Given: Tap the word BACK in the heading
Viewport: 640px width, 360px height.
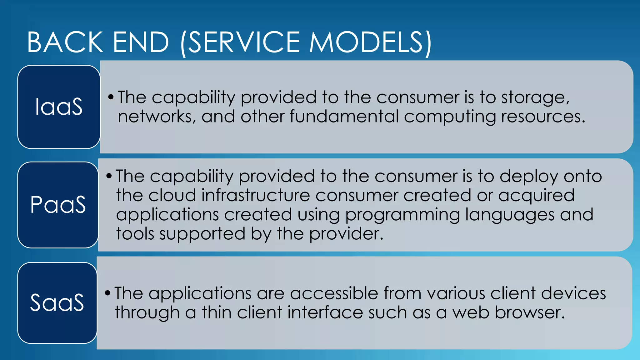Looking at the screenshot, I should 65,42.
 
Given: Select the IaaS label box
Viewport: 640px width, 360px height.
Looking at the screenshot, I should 59,107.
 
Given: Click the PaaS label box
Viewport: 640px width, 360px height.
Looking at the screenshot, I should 58,205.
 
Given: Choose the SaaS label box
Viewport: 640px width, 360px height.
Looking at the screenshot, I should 57,302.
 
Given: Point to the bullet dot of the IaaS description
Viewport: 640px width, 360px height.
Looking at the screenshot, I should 111,97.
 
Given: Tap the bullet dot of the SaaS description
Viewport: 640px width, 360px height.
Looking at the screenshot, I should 107,293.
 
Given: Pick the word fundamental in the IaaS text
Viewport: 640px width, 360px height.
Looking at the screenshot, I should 344,117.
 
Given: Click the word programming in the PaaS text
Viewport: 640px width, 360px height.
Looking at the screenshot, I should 402,215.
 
